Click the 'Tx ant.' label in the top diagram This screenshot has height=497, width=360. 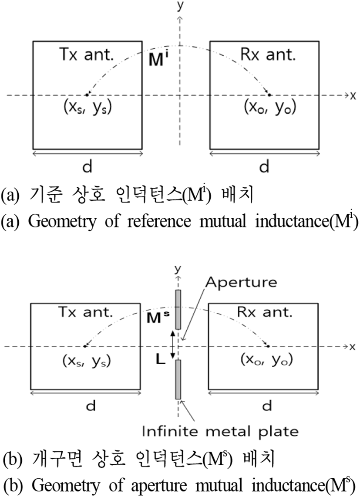pos(87,54)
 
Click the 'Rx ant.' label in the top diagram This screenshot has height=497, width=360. pos(268,54)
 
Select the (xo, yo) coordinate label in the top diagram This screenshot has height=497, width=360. pos(270,108)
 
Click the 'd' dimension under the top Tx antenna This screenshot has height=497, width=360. pos(87,166)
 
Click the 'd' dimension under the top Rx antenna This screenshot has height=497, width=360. pos(264,166)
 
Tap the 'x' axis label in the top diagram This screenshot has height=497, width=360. pos(353,95)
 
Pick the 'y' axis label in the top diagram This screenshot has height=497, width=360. pos(180,5)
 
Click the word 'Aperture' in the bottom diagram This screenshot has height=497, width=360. pos(241,282)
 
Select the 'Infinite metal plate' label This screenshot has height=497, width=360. pos(220,431)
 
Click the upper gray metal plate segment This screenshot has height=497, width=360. pos(178,309)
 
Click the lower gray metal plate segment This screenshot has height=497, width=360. pos(178,379)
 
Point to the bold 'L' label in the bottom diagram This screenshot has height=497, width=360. pos(161,359)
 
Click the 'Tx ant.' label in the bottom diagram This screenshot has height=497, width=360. pos(86,312)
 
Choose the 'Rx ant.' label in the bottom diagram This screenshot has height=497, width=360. pos(265,312)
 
